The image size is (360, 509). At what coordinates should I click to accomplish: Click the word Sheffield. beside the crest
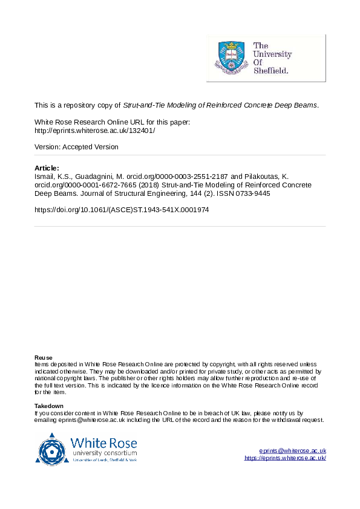(270, 70)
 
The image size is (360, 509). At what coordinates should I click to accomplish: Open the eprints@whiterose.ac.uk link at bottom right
(293, 450)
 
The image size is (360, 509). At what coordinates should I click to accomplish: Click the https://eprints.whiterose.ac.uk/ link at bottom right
(286, 458)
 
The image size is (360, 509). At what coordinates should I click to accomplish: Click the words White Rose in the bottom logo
(104, 442)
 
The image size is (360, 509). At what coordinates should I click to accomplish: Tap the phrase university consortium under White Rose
(104, 453)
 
